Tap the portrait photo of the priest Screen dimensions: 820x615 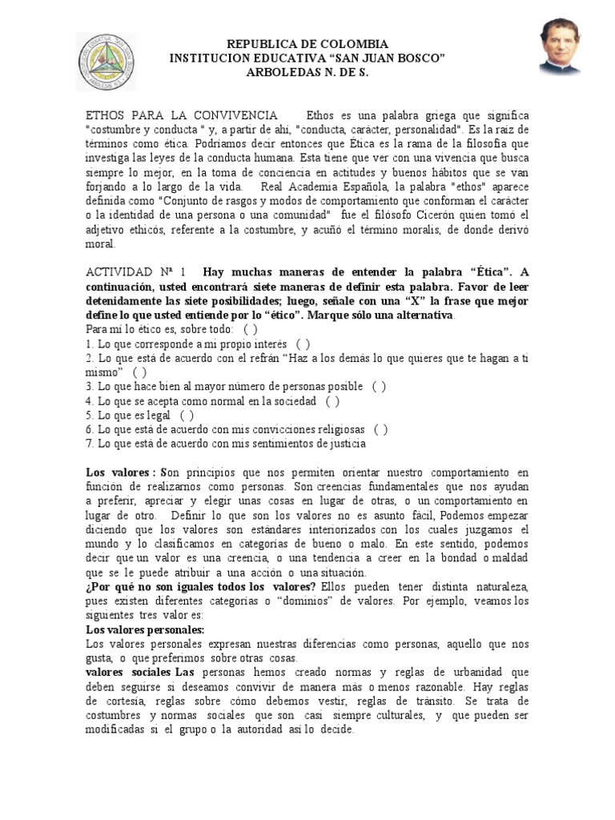tap(559, 48)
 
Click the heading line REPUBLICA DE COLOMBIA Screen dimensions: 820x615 tap(307, 44)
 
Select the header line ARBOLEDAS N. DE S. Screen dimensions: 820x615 tap(307, 73)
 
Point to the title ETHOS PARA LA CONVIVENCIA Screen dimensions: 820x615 tap(182, 116)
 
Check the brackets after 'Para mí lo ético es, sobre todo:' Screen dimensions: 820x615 tap(251, 330)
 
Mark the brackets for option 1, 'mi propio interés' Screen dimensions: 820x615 tap(303, 343)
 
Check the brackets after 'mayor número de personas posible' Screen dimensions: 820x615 tap(379, 386)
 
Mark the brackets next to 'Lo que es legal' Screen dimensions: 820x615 tap(187, 415)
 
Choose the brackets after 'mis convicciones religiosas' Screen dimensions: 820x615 tap(381, 429)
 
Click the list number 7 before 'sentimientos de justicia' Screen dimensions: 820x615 tap(90, 443)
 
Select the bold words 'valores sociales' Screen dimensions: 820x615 tap(123, 672)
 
